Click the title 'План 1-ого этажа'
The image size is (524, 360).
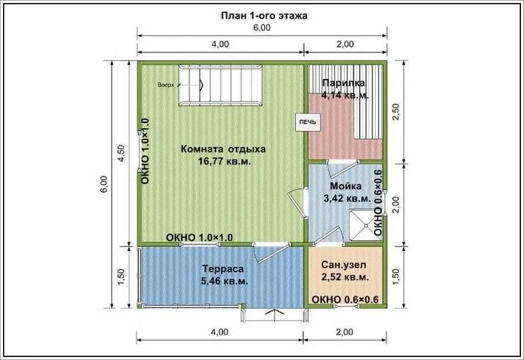[x=264, y=15]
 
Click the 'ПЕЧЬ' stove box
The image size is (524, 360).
[x=308, y=122]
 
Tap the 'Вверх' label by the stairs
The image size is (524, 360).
[x=166, y=85]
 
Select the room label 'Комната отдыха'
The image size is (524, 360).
[x=223, y=149]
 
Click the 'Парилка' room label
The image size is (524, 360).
[x=343, y=83]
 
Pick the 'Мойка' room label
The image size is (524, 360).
[x=346, y=186]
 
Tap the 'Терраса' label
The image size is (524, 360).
[x=223, y=269]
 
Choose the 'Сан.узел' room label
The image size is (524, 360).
[x=343, y=264]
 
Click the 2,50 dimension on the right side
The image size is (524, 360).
[x=395, y=113]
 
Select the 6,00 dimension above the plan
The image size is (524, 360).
[x=261, y=28]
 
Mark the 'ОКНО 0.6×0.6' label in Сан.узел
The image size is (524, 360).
[x=345, y=300]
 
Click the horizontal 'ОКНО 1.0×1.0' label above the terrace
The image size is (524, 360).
[x=200, y=237]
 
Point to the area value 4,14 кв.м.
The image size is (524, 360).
[x=345, y=96]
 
